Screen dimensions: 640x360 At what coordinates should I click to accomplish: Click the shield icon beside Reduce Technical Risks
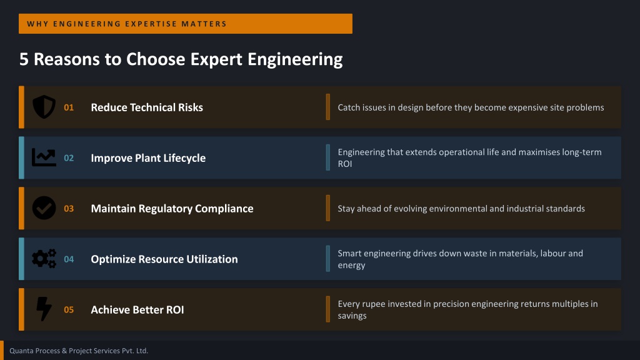click(44, 107)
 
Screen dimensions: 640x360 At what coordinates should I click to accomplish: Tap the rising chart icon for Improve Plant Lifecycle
click(44, 157)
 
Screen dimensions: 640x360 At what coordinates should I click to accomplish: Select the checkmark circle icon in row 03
click(44, 208)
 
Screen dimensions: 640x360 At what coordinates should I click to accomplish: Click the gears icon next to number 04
click(44, 259)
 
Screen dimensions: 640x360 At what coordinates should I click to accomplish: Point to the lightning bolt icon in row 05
click(44, 309)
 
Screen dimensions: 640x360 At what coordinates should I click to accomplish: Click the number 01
click(69, 107)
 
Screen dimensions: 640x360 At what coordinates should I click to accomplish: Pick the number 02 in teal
click(69, 158)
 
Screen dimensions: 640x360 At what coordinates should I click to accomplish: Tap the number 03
click(69, 209)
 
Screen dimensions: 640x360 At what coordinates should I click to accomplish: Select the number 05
click(69, 310)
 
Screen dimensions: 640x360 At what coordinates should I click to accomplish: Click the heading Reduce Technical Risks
click(147, 107)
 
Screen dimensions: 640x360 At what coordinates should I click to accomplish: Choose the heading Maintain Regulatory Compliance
click(172, 209)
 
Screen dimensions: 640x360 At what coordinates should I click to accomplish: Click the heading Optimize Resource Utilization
click(164, 259)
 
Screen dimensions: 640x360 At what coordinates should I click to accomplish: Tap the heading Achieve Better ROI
click(137, 310)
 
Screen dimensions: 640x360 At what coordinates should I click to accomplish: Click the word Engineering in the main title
click(295, 59)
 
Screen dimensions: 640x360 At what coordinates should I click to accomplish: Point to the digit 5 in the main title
click(24, 59)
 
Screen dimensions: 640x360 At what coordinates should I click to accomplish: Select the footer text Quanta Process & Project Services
click(65, 351)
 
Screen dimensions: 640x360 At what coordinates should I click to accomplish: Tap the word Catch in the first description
click(347, 107)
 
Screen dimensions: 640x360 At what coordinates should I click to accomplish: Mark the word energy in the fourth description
click(351, 266)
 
